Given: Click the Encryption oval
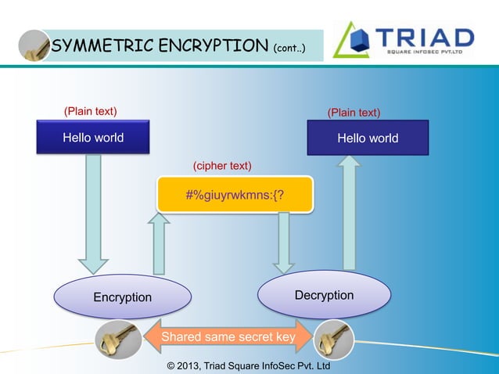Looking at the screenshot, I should (123, 297).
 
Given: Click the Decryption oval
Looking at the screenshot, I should (324, 295).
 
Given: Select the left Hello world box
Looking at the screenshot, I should (93, 138).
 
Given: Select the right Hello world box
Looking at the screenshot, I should (368, 138).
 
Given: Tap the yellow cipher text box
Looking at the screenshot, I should (235, 194).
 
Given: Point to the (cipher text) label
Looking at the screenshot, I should (222, 166).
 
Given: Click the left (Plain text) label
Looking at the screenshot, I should (90, 111).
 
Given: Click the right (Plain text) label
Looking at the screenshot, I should (354, 113).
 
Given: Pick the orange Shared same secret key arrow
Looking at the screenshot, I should (228, 337).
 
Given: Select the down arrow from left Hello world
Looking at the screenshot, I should (93, 211).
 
